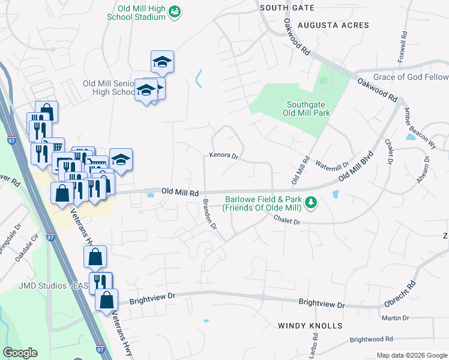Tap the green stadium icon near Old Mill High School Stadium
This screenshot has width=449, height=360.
click(175, 12)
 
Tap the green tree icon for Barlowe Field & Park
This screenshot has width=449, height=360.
click(310, 203)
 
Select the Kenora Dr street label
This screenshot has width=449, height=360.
click(224, 155)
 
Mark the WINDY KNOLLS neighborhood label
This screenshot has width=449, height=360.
click(310, 326)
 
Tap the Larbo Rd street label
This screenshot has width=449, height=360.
click(312, 349)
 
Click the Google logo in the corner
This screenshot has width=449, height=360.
click(20, 353)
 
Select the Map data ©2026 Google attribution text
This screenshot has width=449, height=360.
click(411, 355)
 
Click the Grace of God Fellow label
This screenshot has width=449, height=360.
click(411, 77)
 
